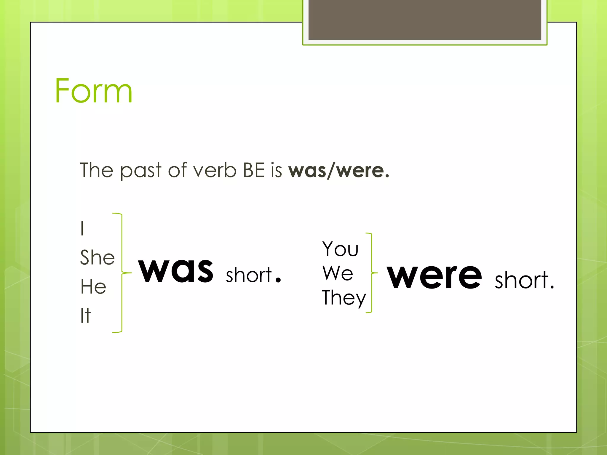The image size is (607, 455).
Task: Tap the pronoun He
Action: click(x=93, y=286)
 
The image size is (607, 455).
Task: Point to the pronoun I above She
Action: click(x=82, y=228)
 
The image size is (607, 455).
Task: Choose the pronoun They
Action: click(x=344, y=298)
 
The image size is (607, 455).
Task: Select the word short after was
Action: click(x=249, y=275)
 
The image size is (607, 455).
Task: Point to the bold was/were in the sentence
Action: click(x=338, y=171)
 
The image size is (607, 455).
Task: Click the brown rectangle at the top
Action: click(x=425, y=20)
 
